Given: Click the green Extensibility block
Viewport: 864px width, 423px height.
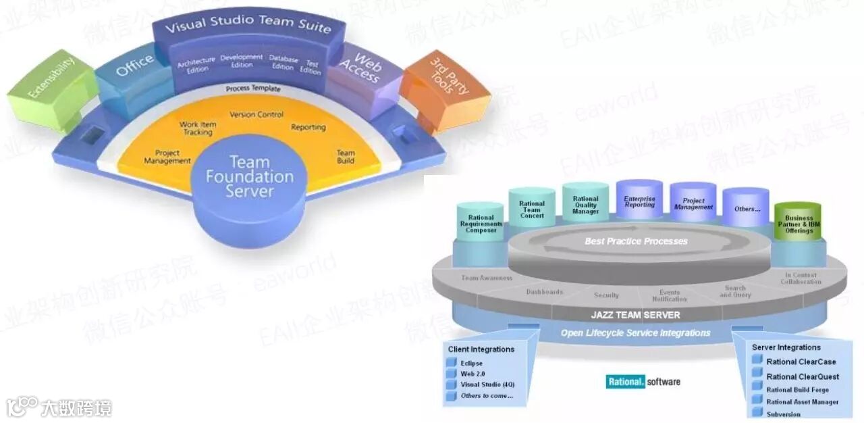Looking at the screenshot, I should click(51, 87).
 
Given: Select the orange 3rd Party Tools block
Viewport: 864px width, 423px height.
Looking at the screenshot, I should click(446, 89).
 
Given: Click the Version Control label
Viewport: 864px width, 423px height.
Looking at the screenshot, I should click(256, 115).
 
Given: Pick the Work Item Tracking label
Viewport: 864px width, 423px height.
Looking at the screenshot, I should click(196, 128).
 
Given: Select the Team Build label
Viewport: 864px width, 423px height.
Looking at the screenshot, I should click(346, 156).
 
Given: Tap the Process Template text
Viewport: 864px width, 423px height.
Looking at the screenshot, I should click(253, 89).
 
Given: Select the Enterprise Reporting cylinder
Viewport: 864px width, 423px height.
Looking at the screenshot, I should click(639, 201).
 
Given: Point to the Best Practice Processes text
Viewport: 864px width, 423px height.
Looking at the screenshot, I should click(636, 241).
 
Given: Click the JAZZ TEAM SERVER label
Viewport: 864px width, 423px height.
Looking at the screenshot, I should click(636, 315).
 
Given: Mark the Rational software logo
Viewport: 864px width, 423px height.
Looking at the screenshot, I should click(643, 382).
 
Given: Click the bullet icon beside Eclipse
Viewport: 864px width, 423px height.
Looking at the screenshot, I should click(452, 364).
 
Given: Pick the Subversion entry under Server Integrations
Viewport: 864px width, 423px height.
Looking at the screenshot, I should click(783, 414).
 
